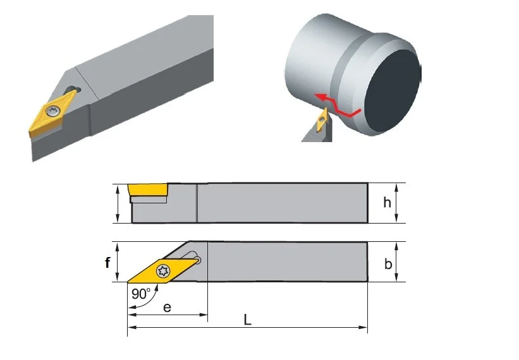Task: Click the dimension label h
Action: pos(387,202)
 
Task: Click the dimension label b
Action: pos(388,264)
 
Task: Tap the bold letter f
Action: pos(107,263)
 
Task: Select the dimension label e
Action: pos(167,308)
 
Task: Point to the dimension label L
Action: pos(247,320)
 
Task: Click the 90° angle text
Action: pos(141,294)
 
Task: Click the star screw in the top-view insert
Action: pos(163,272)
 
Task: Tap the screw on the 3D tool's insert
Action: pos(53,111)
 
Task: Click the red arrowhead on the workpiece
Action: pos(319,97)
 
